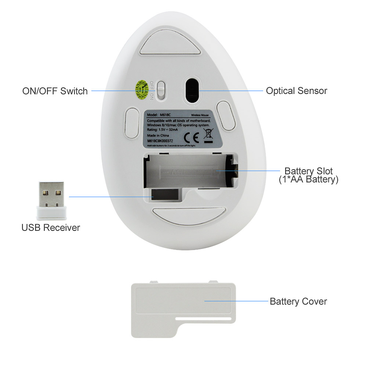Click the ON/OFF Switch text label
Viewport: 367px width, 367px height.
[55, 91]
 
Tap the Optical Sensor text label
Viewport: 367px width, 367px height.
[297, 91]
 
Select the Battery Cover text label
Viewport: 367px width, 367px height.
[298, 301]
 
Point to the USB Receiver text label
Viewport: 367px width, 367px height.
[51, 228]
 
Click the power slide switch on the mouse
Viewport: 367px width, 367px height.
[161, 90]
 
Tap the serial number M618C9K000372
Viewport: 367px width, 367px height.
[160, 141]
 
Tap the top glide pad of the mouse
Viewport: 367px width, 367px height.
[169, 45]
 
